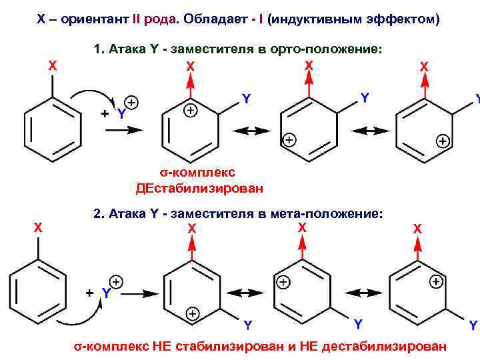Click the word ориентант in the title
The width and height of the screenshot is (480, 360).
(x=96, y=19)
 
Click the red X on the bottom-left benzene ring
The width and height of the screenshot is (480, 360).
(x=39, y=227)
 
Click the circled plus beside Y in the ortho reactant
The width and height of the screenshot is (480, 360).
(x=131, y=103)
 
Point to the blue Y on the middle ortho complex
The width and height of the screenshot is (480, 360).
(x=365, y=98)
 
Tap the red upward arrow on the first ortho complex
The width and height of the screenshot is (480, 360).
(x=191, y=83)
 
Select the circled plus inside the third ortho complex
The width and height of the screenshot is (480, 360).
(x=441, y=141)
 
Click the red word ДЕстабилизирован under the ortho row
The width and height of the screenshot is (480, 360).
(x=199, y=188)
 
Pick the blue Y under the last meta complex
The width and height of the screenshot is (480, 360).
(x=473, y=325)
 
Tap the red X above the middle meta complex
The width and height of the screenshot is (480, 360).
(x=302, y=227)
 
